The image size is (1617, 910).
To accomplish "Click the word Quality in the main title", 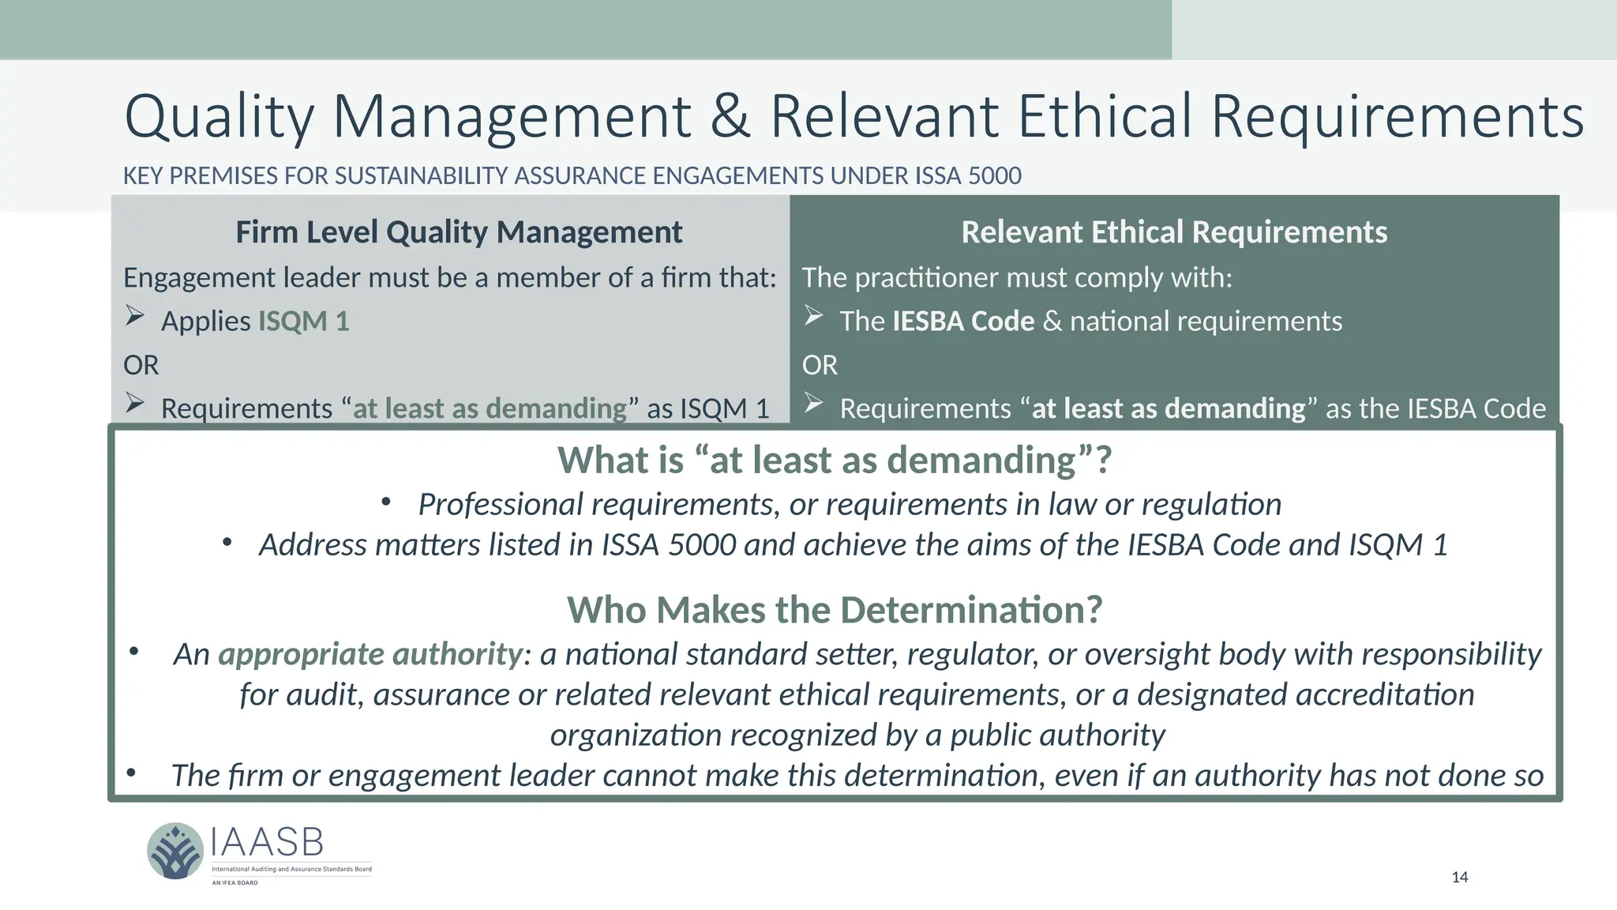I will point(219,117).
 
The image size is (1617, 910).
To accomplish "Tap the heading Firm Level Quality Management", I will point(459,232).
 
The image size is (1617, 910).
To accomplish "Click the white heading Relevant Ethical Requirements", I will point(1174,232).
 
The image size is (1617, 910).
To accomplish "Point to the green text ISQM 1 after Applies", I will point(304,322).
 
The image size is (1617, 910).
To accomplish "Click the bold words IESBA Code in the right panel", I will point(963,322).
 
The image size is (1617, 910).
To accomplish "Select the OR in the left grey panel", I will point(141,365).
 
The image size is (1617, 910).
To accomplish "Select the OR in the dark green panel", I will point(820,365).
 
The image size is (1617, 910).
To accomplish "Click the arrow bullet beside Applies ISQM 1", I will point(135,317).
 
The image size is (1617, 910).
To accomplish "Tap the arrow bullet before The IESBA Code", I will point(814,317).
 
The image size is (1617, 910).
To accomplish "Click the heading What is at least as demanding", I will point(835,460).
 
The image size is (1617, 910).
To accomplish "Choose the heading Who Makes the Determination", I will point(835,610).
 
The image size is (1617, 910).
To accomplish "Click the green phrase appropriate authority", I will point(370,654).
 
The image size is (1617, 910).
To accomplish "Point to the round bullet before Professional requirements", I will point(386,502).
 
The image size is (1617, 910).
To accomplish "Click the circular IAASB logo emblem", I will point(175,851).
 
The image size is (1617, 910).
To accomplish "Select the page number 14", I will point(1460,877).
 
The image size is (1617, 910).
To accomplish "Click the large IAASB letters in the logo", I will point(267,843).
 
